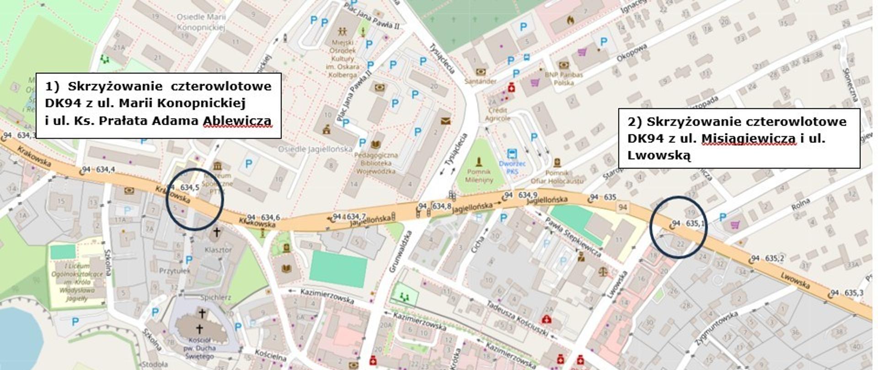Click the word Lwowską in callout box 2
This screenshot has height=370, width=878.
pyautogui.click(x=658, y=155)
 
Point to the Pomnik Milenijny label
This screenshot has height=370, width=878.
pyautogui.click(x=479, y=175)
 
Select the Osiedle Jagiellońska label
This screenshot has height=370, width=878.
pyautogui.click(x=316, y=149)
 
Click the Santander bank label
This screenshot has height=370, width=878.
pyautogui.click(x=480, y=81)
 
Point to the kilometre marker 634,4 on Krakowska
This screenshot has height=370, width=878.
pyautogui.click(x=105, y=169)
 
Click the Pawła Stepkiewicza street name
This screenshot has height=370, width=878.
pyautogui.click(x=572, y=236)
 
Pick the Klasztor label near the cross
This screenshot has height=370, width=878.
pyautogui.click(x=218, y=250)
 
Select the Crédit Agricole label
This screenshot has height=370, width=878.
pyautogui.click(x=498, y=114)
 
